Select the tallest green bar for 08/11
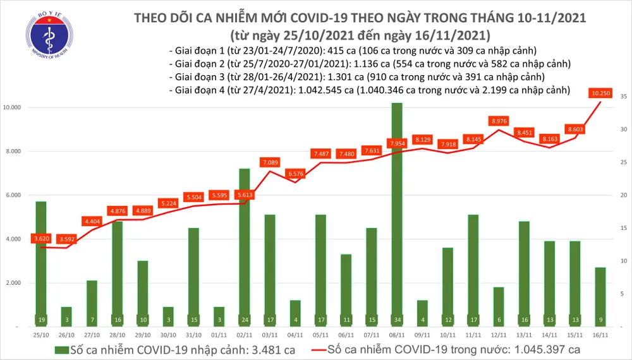coord(396,215)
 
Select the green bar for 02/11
coord(245,246)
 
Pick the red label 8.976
coord(499,121)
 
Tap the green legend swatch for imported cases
coord(61,349)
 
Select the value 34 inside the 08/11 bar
coord(396,319)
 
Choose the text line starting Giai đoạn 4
coord(369,90)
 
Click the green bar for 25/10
coord(40,262)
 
